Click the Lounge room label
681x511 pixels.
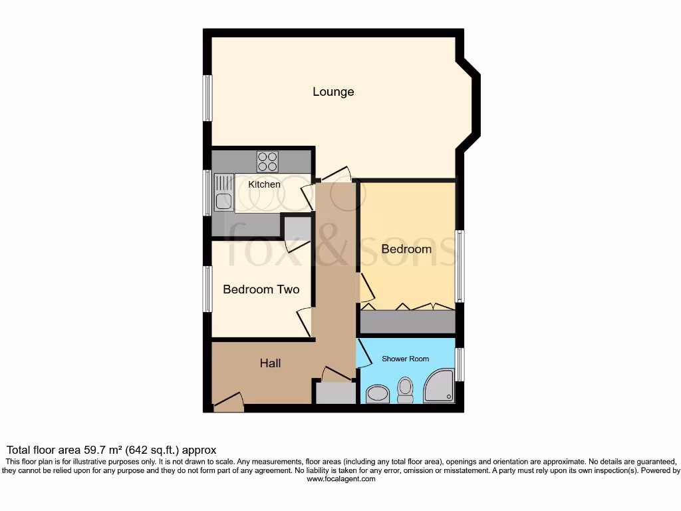click(333, 92)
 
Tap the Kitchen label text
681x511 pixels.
click(264, 184)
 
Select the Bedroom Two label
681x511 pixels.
click(261, 289)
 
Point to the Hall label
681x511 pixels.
click(270, 363)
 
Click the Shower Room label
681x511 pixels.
click(405, 359)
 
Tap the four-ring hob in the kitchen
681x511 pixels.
click(267, 162)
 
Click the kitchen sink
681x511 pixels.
click(223, 192)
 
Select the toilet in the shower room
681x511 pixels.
click(404, 390)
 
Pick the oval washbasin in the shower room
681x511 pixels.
click(378, 394)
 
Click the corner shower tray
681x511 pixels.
click(438, 387)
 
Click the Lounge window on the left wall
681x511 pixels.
click(207, 98)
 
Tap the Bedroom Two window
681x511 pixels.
click(207, 289)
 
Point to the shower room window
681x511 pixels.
click(459, 364)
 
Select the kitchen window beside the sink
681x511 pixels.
click(207, 193)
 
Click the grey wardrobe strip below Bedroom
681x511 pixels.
click(407, 322)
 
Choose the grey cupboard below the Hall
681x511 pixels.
click(335, 393)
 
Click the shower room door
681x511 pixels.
click(364, 355)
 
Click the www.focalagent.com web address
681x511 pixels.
click(340, 478)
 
